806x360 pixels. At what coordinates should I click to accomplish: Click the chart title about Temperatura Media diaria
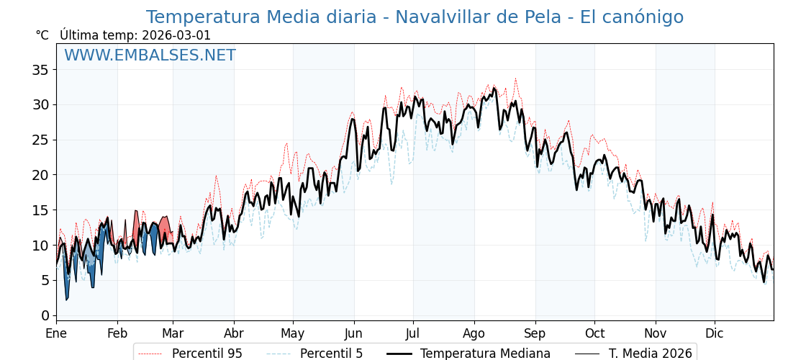pyautogui.click(x=415, y=17)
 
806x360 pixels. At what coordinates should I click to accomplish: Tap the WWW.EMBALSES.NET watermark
pyautogui.click(x=150, y=55)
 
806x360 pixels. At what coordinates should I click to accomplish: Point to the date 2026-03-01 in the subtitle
pyautogui.click(x=176, y=35)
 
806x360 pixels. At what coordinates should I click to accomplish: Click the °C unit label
pyautogui.click(x=42, y=35)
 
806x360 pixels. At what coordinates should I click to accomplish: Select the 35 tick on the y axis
pyautogui.click(x=40, y=70)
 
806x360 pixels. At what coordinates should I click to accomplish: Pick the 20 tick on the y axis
pyautogui.click(x=40, y=175)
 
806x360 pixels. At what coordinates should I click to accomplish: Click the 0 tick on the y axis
pyautogui.click(x=45, y=315)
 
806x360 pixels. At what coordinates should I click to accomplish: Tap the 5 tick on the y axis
pyautogui.click(x=45, y=281)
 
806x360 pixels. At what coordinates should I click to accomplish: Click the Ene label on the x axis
pyautogui.click(x=56, y=333)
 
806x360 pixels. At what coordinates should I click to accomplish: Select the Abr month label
pyautogui.click(x=234, y=333)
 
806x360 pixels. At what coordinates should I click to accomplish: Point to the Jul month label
pyautogui.click(x=413, y=333)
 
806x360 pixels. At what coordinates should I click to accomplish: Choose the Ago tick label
pyautogui.click(x=474, y=333)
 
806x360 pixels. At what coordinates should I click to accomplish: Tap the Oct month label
pyautogui.click(x=594, y=333)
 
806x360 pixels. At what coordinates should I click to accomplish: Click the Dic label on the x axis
pyautogui.click(x=715, y=333)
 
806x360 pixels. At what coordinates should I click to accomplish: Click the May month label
pyautogui.click(x=293, y=333)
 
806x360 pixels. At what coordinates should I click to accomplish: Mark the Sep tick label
pyautogui.click(x=535, y=333)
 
